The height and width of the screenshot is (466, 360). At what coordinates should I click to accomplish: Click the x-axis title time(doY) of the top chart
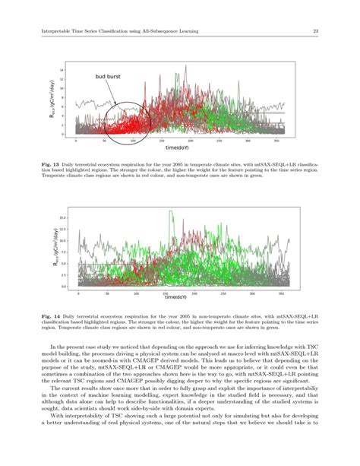[179, 147]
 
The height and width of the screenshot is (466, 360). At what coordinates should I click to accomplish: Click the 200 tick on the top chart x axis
[191, 141]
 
